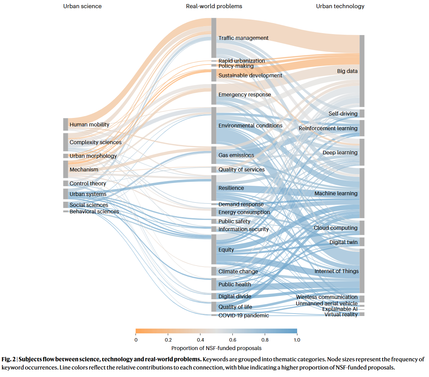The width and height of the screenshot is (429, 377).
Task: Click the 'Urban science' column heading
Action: (x=82, y=6)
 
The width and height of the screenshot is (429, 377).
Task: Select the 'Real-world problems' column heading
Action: (x=214, y=6)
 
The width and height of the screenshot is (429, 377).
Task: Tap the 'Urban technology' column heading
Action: (x=340, y=6)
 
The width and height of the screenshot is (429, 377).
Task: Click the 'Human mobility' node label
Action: (x=89, y=124)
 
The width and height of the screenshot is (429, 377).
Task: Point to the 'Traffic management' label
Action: (x=243, y=38)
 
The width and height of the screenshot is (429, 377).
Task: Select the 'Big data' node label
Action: (x=347, y=71)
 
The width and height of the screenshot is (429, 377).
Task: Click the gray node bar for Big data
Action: (x=362, y=71)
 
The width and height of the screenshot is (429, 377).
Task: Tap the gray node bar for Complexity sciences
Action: (x=65, y=142)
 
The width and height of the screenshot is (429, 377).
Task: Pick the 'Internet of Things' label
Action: (x=336, y=271)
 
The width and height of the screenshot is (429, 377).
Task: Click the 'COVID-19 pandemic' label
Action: (x=244, y=315)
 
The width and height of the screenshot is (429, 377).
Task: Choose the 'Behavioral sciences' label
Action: (x=94, y=211)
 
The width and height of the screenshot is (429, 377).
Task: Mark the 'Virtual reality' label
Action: (x=341, y=314)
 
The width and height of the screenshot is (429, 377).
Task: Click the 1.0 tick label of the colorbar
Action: (x=297, y=340)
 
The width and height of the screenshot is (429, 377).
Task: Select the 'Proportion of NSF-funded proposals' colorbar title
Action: (x=216, y=348)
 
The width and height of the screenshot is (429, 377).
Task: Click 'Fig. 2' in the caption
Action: (x=9, y=359)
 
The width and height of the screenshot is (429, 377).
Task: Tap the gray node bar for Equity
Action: (x=214, y=249)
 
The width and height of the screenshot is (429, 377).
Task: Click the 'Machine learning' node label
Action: (x=336, y=193)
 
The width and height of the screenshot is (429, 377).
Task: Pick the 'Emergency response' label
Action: (x=245, y=94)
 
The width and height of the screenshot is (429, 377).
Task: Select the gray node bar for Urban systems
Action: (x=65, y=194)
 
